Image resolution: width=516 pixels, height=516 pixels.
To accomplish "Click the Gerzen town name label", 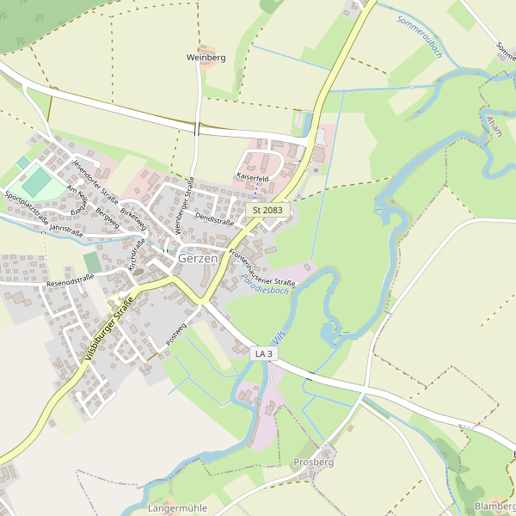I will pos(198,258).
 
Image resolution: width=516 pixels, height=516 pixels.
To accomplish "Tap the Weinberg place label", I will pos(206,58).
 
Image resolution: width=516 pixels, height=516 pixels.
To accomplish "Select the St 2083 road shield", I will pos(268,210).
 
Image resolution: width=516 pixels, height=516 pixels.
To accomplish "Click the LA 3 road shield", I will pos(264,353).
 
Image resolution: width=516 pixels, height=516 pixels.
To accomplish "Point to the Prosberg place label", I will pos(313,462).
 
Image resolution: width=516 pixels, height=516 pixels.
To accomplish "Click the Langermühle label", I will pos(178,508).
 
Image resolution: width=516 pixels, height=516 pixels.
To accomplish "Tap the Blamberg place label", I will pos(495,507).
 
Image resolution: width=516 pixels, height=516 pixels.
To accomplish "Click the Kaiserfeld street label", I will pos(253,177).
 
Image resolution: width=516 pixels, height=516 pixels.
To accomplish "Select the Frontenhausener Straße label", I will pos(262,267).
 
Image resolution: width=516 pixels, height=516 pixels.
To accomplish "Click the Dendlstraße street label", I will pos(215,220).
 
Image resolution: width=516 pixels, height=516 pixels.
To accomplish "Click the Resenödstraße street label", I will pos(71,280).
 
